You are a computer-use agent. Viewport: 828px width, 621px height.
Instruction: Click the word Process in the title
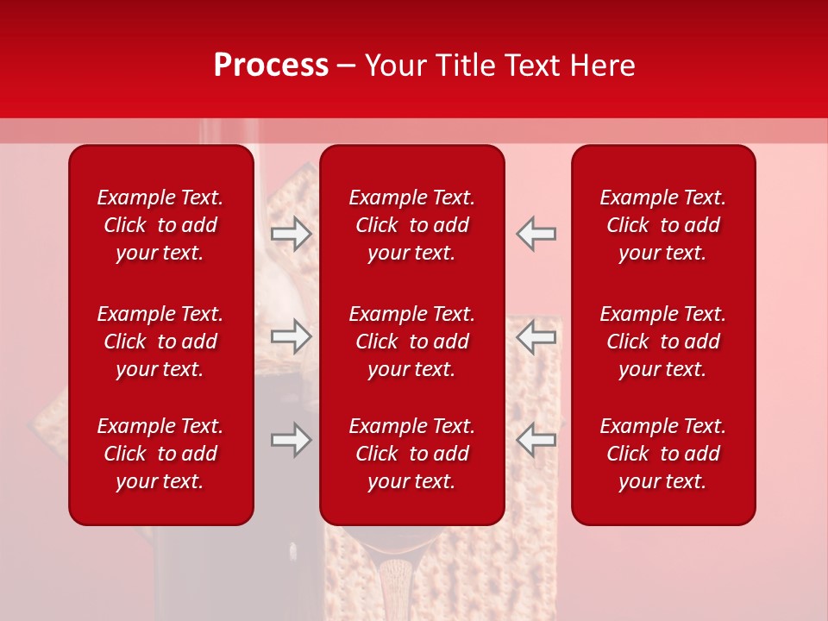tap(271, 66)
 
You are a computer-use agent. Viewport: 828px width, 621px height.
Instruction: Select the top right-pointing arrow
tap(292, 234)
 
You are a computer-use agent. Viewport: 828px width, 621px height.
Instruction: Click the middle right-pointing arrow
tap(292, 336)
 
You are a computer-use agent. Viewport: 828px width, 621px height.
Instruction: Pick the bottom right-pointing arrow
tap(292, 440)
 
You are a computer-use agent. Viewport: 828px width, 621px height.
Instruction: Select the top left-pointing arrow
tap(536, 234)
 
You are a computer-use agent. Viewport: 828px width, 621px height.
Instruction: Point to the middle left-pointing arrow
tap(536, 336)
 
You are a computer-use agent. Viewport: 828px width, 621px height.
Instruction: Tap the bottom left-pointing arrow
tap(536, 440)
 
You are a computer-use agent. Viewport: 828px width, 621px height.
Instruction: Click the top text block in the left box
tap(160, 225)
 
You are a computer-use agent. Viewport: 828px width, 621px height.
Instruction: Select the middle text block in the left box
tap(160, 342)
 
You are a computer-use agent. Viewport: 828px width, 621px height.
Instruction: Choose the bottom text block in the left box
tap(160, 454)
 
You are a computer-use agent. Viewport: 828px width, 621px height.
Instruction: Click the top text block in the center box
tap(412, 225)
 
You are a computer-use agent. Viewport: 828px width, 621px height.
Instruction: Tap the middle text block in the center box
tap(412, 342)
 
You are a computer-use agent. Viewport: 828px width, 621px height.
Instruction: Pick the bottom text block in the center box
tap(412, 454)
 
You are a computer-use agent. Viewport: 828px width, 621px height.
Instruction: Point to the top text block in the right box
tap(663, 225)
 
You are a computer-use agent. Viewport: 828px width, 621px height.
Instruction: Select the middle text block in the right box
tap(663, 342)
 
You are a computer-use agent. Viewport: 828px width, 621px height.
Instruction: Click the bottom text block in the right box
tap(663, 454)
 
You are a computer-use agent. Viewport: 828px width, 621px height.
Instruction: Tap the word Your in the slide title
tap(398, 66)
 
